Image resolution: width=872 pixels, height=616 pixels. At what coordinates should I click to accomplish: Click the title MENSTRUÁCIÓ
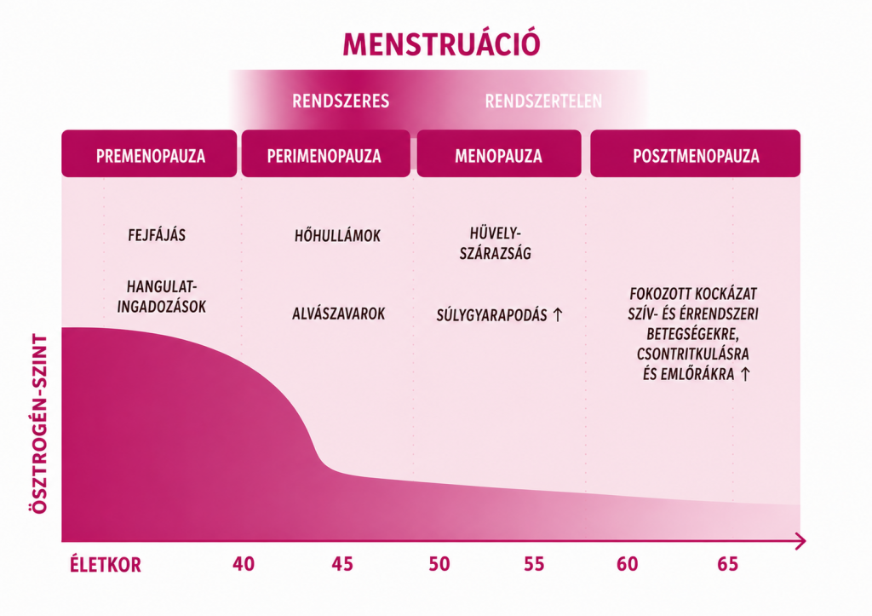(x=441, y=43)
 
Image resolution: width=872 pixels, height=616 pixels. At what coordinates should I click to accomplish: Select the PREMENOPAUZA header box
(x=149, y=153)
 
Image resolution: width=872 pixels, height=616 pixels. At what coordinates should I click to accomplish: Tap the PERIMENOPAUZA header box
(x=325, y=153)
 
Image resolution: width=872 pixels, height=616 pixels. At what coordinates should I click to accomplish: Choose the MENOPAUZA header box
(x=499, y=153)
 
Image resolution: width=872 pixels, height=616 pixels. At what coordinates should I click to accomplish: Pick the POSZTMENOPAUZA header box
(x=695, y=153)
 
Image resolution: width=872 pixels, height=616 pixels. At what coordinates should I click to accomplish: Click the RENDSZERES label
(x=341, y=101)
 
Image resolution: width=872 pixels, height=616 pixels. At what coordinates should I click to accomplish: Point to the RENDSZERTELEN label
(x=543, y=101)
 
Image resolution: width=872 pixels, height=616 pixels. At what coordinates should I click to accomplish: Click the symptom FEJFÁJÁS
(x=157, y=235)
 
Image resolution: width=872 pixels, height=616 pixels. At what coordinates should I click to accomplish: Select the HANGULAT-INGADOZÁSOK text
(x=161, y=296)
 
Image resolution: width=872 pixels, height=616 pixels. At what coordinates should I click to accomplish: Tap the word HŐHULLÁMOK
(x=337, y=235)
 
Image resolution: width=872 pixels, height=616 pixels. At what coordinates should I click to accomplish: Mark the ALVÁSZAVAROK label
(x=339, y=314)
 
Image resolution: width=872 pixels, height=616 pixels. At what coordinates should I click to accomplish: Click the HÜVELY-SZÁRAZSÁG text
(x=495, y=243)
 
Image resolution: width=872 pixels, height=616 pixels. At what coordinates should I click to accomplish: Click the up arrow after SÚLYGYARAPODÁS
(x=557, y=315)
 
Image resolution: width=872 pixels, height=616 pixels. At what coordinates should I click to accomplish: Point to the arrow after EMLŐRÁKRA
(x=744, y=374)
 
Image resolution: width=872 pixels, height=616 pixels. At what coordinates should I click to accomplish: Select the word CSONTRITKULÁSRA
(x=693, y=354)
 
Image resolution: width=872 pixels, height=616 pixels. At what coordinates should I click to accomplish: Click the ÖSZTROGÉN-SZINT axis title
(x=39, y=423)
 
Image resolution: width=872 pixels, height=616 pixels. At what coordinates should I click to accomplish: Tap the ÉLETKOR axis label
(x=105, y=565)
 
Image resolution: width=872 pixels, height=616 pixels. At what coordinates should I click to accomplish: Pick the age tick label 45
(x=342, y=564)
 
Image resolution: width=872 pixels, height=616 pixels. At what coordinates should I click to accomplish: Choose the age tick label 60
(x=628, y=564)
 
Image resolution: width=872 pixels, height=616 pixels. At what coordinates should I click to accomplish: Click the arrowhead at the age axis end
(x=801, y=541)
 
